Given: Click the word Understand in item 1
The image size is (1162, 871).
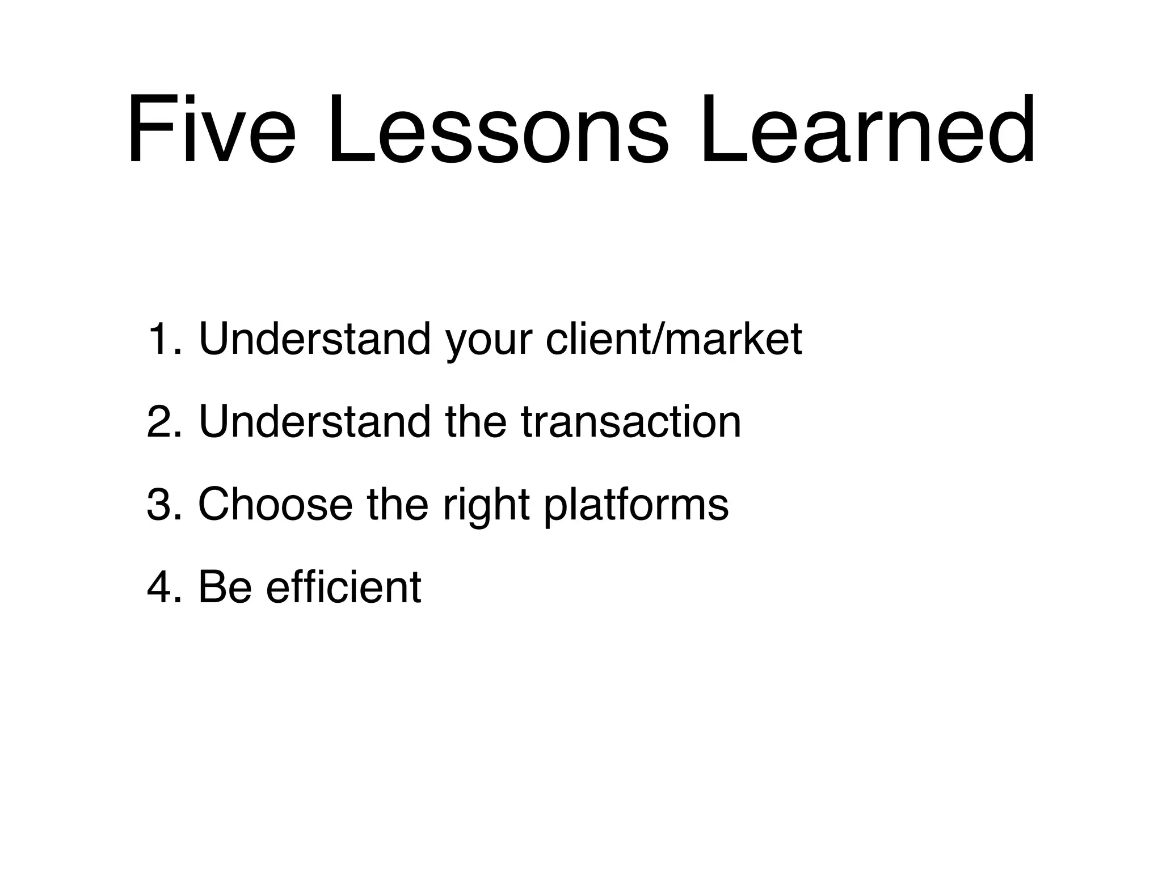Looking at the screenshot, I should click(x=314, y=339).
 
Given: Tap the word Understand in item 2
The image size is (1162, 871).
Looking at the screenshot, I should click(x=314, y=422).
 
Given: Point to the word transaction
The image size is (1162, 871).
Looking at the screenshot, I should click(x=630, y=423).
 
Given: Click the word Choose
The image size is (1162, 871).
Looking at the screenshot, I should click(x=275, y=504).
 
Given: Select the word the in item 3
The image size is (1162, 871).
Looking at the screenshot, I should click(x=397, y=504).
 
